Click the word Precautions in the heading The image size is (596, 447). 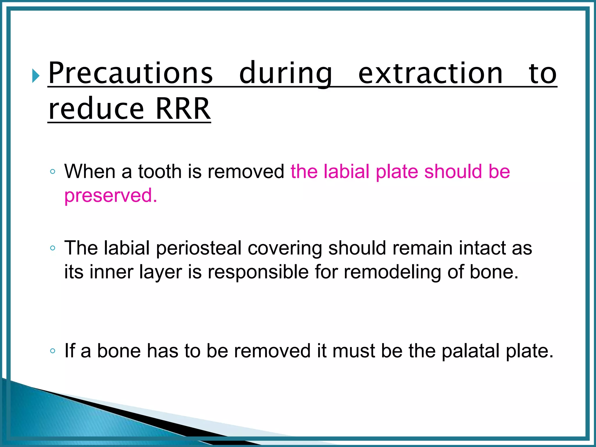tap(130, 73)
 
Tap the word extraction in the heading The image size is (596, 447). tap(430, 73)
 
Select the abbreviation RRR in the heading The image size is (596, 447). tap(183, 109)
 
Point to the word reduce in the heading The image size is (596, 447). tap(96, 109)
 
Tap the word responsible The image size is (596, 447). tap(258, 272)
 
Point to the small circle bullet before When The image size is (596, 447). tap(52, 171)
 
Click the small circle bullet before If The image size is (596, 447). tap(52, 351)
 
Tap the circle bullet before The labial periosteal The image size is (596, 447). tap(52, 248)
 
